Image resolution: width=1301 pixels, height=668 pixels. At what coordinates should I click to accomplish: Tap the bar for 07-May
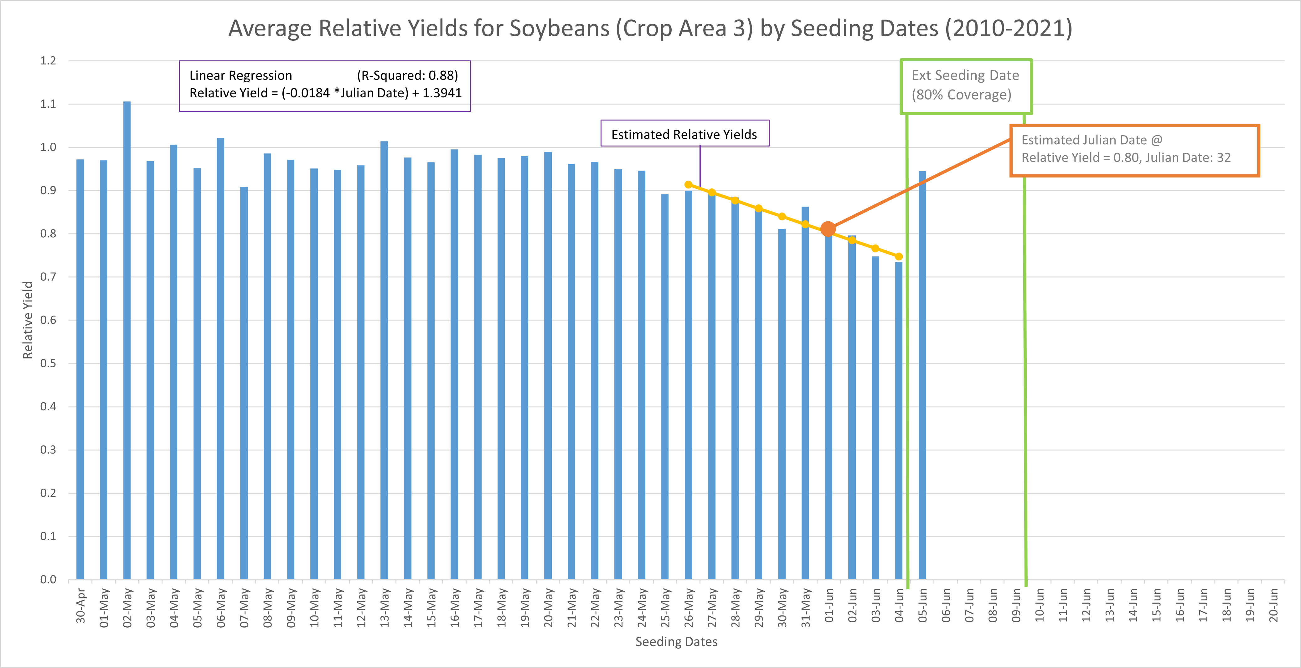[x=244, y=384]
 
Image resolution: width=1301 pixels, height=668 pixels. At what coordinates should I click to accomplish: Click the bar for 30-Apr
[x=80, y=368]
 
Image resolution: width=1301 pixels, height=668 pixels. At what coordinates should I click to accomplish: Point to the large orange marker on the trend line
[x=828, y=229]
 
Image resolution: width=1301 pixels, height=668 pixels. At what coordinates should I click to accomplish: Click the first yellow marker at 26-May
[x=688, y=185]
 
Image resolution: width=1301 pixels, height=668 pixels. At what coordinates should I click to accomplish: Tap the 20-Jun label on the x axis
[x=1273, y=605]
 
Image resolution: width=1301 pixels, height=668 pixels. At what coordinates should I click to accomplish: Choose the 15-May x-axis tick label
[x=431, y=607]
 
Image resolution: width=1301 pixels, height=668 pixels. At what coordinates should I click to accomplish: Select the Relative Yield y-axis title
[x=28, y=320]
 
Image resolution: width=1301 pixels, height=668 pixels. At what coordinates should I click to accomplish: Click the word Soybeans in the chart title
[x=559, y=29]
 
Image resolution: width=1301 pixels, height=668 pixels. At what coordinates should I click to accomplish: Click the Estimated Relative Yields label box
[x=684, y=134]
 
